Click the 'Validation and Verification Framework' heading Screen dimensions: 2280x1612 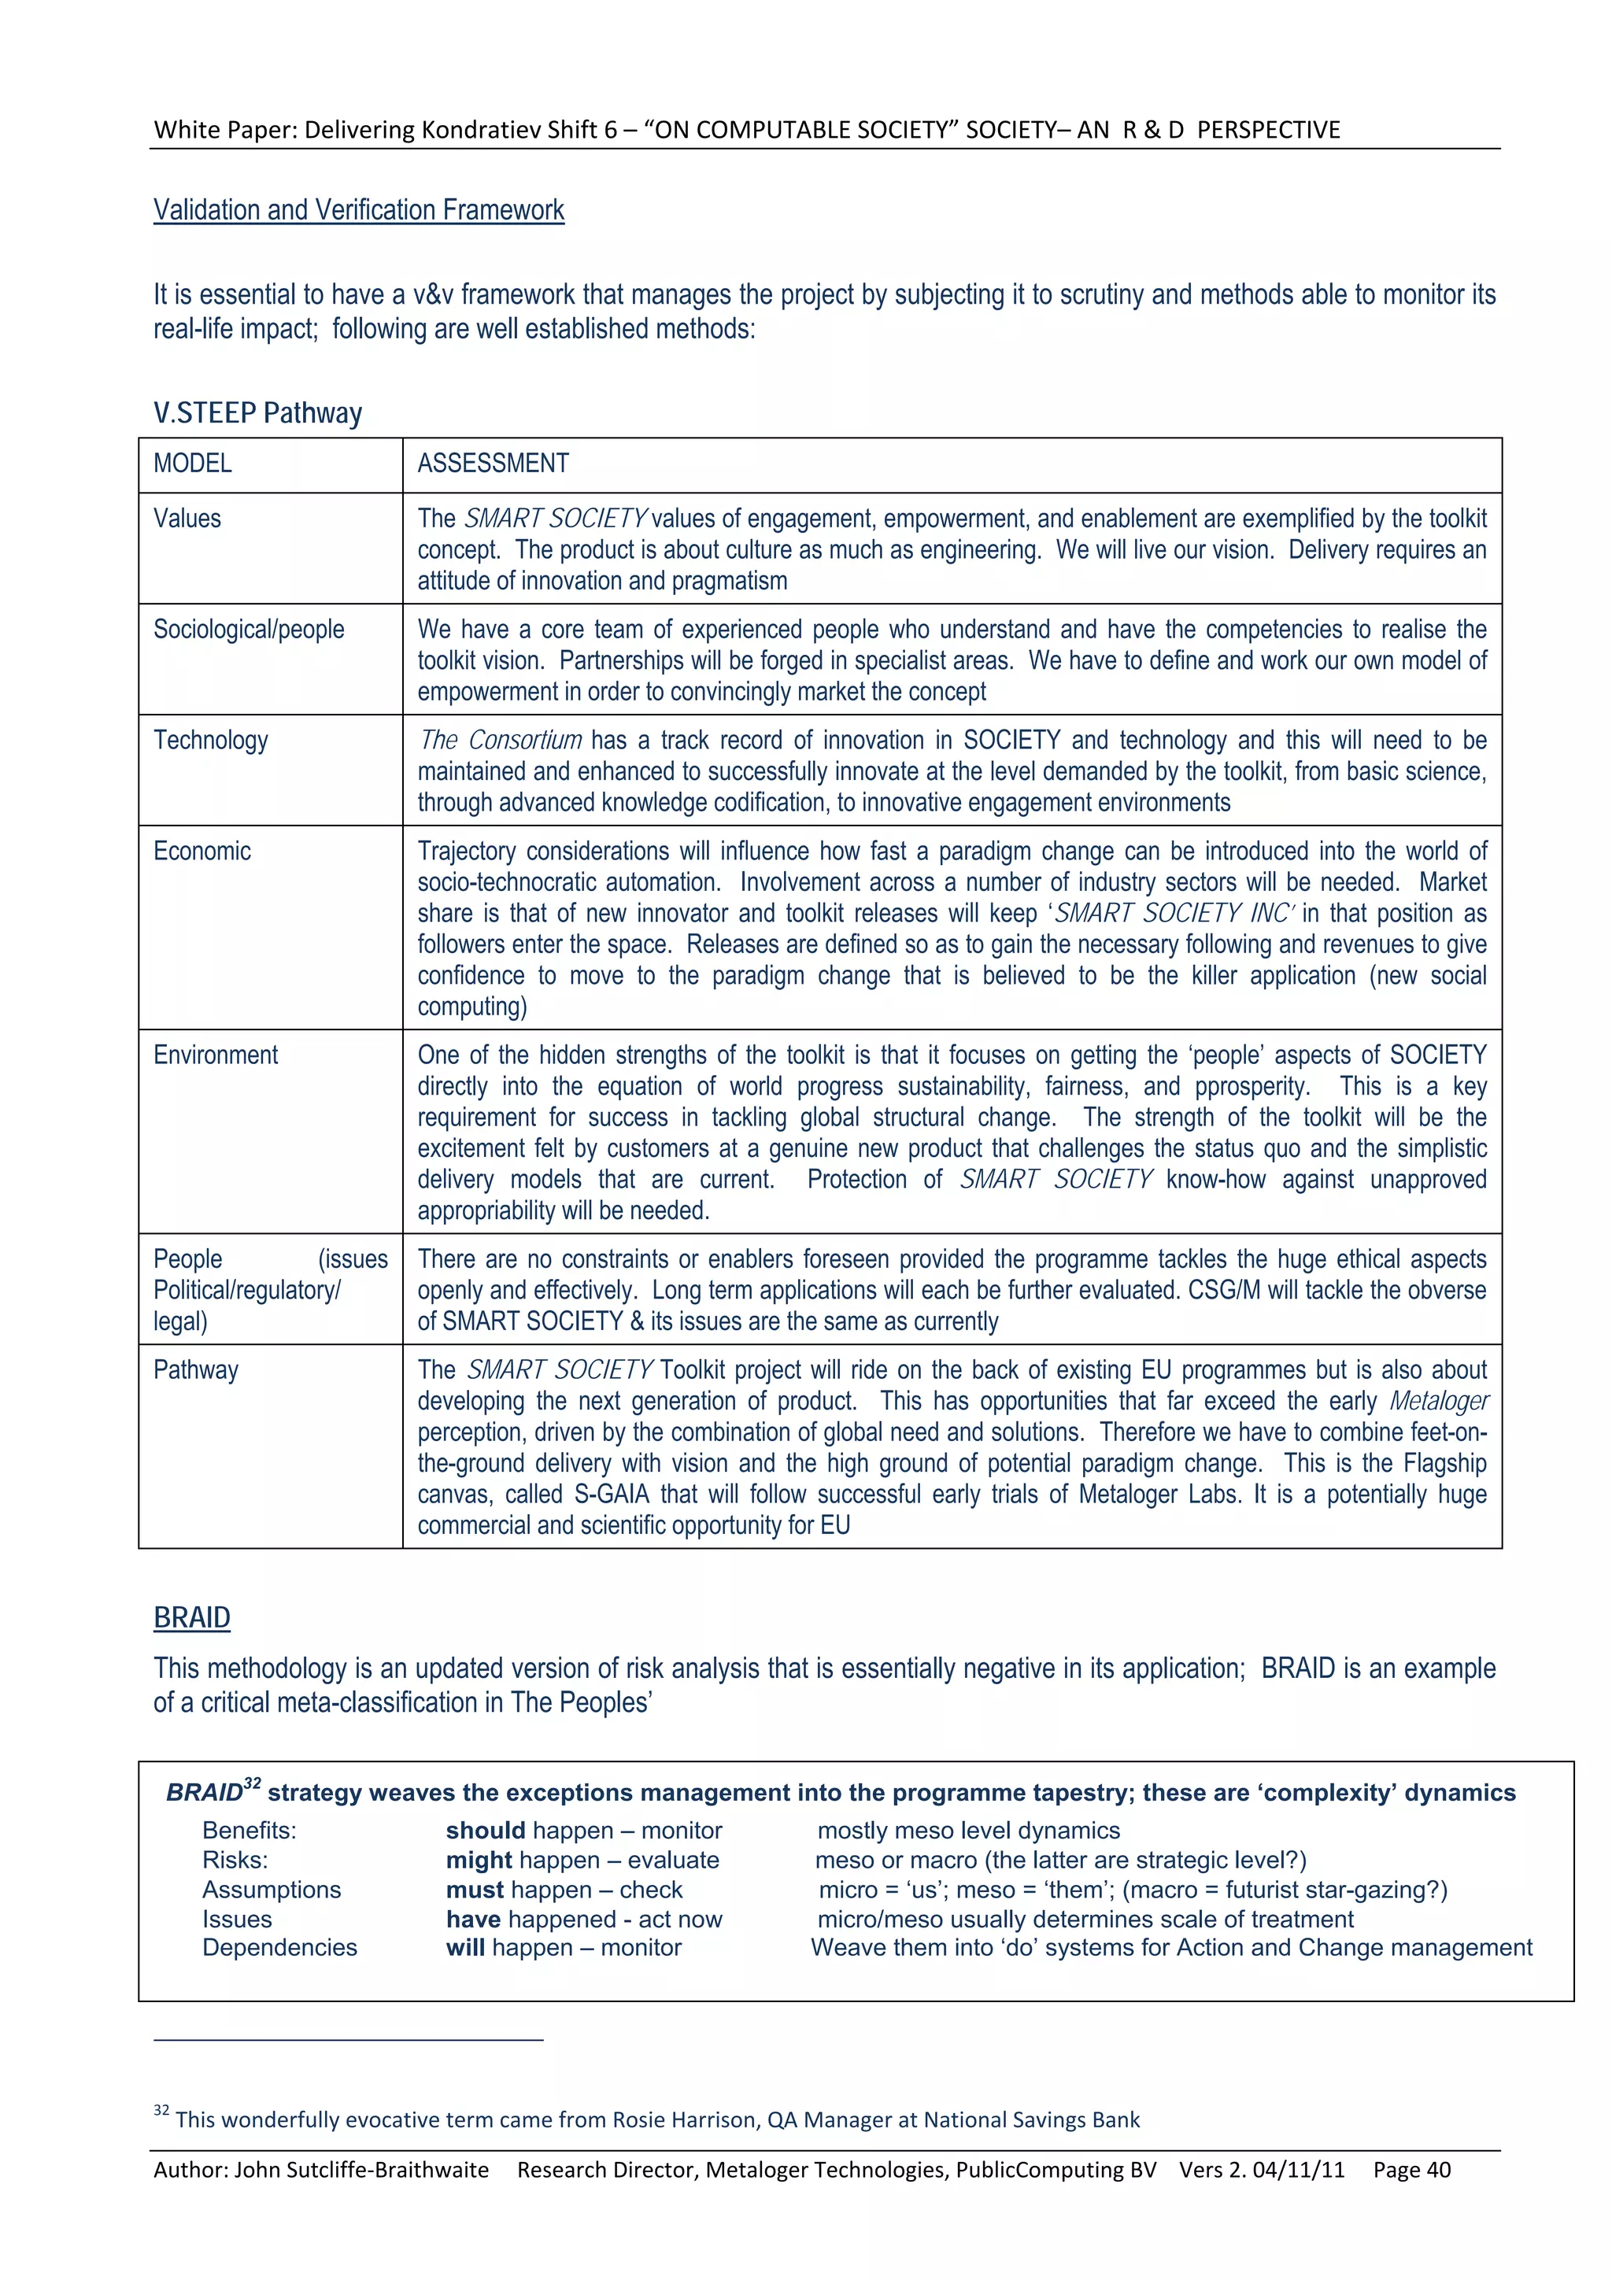coord(359,210)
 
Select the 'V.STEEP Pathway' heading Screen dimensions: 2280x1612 coord(257,413)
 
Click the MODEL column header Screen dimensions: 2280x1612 coord(193,464)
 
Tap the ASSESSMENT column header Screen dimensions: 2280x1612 coord(493,464)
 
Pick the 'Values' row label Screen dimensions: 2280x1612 coord(187,519)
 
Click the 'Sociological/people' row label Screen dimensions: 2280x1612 coord(248,630)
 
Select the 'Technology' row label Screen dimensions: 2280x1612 coord(211,741)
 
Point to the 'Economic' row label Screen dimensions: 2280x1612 coord(201,851)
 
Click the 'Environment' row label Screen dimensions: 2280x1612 coord(216,1055)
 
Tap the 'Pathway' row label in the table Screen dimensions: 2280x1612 coord(196,1370)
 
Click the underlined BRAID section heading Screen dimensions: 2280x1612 coord(192,1617)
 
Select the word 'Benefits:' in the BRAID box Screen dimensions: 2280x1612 coord(250,1830)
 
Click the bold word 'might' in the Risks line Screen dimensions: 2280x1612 coord(479,1860)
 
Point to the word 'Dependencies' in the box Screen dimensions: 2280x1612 coord(279,1947)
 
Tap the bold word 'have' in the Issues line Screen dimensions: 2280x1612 coord(473,1919)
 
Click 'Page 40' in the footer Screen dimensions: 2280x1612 coord(1411,2170)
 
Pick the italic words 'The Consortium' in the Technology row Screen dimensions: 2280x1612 coord(500,741)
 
